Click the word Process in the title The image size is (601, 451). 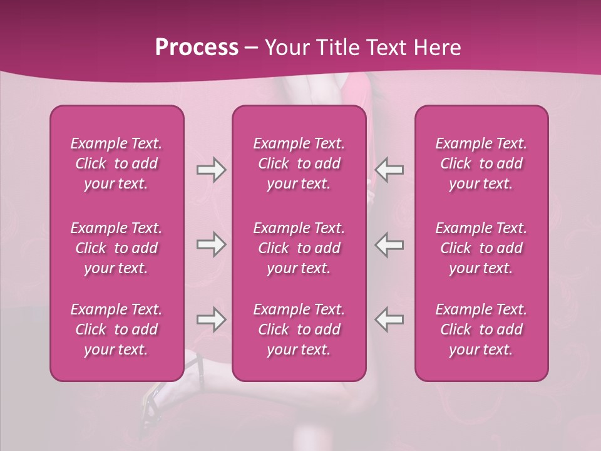click(x=197, y=48)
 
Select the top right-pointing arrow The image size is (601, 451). click(x=211, y=170)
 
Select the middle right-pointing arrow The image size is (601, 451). click(x=211, y=244)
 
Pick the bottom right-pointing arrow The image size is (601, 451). click(x=211, y=319)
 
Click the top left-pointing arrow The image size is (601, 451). click(x=389, y=170)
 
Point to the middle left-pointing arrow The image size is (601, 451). click(x=389, y=244)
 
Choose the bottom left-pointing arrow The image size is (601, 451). click(x=389, y=319)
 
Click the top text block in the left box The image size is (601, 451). click(x=116, y=163)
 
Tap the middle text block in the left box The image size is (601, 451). click(x=116, y=248)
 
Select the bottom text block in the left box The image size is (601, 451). click(x=116, y=329)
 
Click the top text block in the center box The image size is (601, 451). click(x=299, y=163)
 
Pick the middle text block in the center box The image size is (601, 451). click(x=299, y=248)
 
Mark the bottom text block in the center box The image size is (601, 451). click(x=299, y=329)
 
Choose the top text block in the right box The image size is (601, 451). click(x=481, y=163)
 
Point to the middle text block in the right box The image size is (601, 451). click(x=481, y=248)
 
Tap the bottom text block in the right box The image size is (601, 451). click(x=481, y=329)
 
